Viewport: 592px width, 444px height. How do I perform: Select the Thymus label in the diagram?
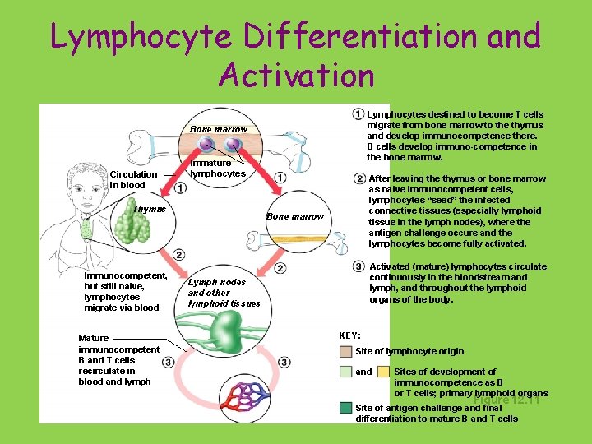point(150,209)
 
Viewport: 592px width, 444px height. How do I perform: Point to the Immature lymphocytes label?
point(218,169)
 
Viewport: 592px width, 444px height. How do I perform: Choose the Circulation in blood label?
point(133,179)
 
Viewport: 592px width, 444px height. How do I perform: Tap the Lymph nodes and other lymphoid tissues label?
point(224,293)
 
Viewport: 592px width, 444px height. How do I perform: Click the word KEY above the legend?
point(349,335)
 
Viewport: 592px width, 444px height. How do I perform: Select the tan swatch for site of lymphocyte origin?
point(346,352)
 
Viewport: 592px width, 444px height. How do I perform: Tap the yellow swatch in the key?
point(384,372)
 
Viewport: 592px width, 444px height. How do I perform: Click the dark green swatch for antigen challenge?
point(346,408)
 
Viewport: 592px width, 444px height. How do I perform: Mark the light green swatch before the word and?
point(346,372)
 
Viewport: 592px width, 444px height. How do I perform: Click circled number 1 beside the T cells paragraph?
point(358,113)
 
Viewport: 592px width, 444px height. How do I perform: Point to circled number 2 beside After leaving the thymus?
point(359,178)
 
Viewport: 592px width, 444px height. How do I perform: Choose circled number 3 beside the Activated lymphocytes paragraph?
point(358,266)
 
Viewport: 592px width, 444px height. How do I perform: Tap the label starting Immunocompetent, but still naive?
point(125,292)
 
